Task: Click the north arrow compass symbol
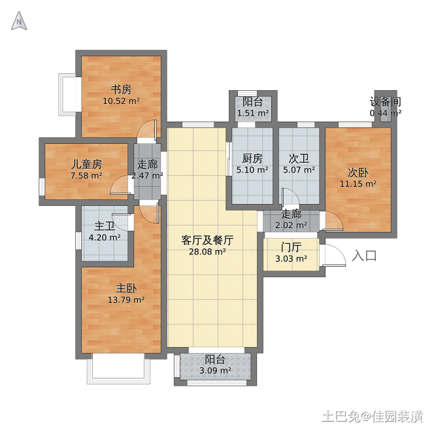19,21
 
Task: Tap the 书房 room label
121,90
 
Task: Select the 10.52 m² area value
121,101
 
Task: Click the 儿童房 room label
86,164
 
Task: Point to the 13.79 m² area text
126,300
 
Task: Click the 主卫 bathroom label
105,226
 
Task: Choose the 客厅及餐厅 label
207,241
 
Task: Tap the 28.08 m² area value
207,252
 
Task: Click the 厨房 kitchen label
252,158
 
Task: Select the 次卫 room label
299,158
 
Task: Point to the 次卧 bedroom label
358,173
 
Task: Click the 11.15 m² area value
358,184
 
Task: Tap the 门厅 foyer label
291,247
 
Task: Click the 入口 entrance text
364,256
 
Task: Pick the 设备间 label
386,102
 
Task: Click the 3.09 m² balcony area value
215,371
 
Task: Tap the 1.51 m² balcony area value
253,113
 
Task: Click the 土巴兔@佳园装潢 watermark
373,417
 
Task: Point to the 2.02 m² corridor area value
291,226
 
